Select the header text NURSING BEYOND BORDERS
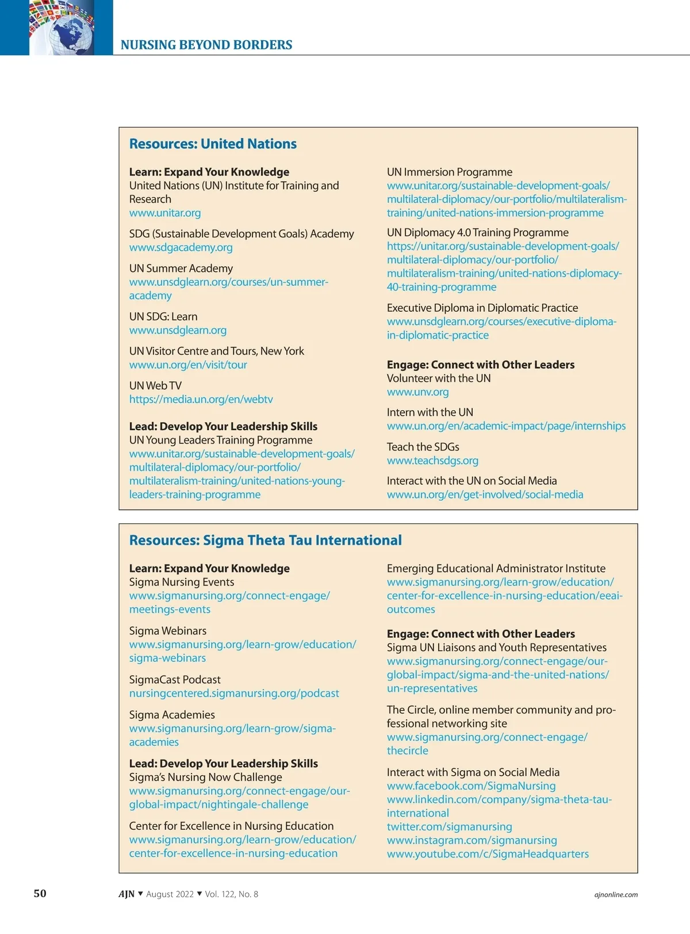(206, 45)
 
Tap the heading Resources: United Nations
(213, 144)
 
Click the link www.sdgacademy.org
(181, 247)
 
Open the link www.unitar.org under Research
(165, 213)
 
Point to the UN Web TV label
(155, 385)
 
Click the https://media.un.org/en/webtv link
(201, 399)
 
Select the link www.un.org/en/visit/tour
(188, 365)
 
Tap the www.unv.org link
(417, 392)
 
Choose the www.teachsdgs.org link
(432, 460)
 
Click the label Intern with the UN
(430, 412)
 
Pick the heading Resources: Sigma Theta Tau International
(265, 540)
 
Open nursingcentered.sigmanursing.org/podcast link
(234, 693)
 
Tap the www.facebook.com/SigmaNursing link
(471, 786)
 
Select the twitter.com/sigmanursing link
(449, 826)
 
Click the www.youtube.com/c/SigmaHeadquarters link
(488, 853)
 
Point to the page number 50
(40, 893)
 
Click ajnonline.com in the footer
(616, 894)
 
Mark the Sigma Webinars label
(167, 631)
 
